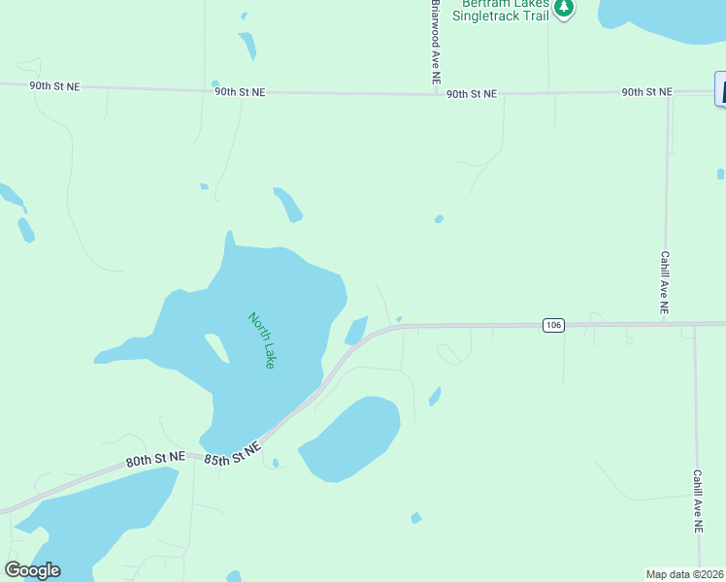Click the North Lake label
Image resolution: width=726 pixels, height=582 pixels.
click(262, 339)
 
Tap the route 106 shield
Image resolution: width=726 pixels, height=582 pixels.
click(553, 325)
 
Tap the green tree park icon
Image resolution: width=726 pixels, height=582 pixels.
click(564, 9)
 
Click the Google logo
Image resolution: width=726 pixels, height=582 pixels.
click(32, 570)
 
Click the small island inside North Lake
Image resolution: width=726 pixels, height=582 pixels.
click(216, 347)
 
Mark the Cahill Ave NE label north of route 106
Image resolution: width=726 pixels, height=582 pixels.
click(665, 283)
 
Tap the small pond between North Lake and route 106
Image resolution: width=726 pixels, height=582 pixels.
click(356, 331)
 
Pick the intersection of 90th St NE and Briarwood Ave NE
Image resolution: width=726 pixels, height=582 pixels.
click(435, 94)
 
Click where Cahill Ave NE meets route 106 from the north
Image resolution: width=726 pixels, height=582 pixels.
click(667, 323)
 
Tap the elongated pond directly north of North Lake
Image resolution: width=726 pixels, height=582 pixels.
click(288, 204)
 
